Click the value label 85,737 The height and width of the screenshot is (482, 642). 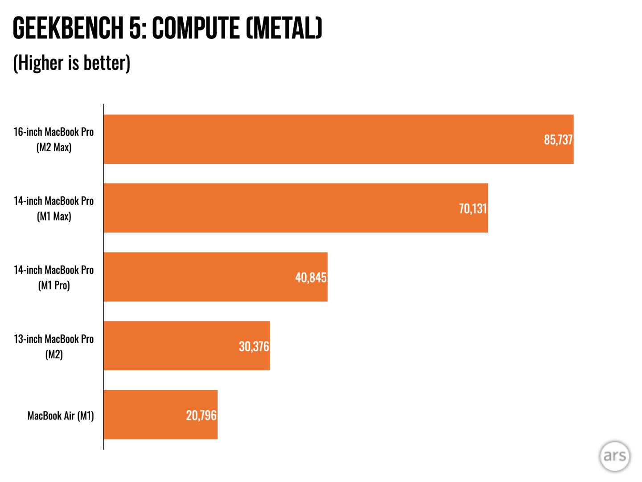tap(558, 140)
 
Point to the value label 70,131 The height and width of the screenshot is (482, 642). tap(473, 208)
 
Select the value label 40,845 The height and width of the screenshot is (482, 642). tap(311, 278)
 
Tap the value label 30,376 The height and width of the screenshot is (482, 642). tap(254, 346)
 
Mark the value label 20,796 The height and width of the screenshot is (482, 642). tap(201, 416)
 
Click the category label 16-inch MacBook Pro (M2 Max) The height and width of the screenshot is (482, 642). tap(53, 139)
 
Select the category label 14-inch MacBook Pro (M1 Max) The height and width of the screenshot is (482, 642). tap(53, 208)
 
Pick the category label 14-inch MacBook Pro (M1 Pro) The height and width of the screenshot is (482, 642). tap(53, 277)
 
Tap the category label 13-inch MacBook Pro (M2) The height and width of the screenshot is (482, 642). tap(53, 346)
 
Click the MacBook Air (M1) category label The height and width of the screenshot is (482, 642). tap(61, 416)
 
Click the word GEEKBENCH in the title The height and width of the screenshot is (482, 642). tap(68, 28)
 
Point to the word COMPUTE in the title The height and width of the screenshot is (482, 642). tap(196, 28)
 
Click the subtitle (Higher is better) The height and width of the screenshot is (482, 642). tap(72, 62)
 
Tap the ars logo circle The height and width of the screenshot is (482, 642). tap(614, 456)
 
